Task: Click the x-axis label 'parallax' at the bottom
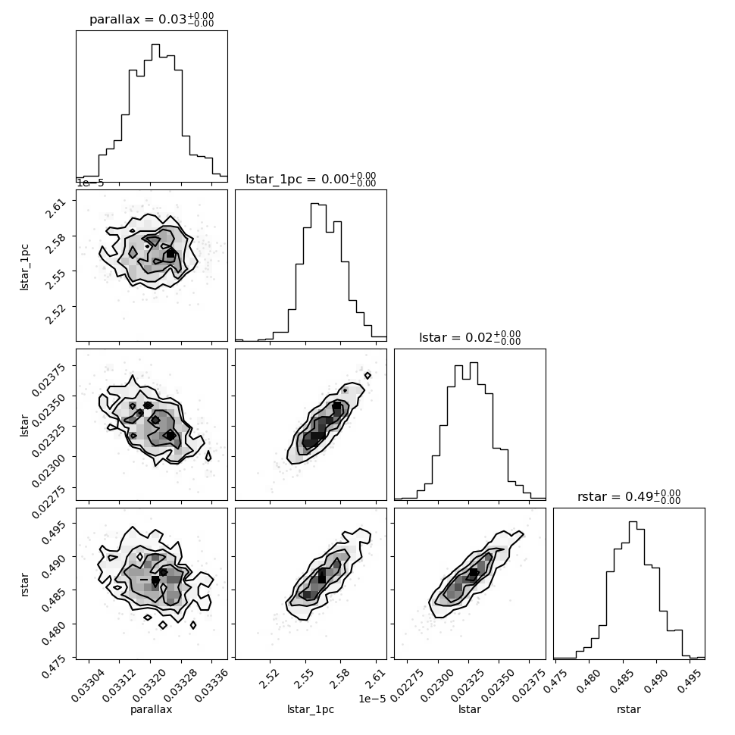pos(151,709)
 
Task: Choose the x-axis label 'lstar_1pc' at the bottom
pos(311,709)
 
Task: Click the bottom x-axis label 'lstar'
pos(469,709)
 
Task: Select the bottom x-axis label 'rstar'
pos(629,709)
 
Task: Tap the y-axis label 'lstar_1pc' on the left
pos(24,267)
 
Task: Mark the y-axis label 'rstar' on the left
pos(24,584)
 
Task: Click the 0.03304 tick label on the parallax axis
pos(88,686)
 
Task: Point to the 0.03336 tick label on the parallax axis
pos(211,686)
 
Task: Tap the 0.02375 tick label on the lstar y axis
pos(48,380)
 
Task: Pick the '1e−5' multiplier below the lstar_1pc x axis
pos(372,699)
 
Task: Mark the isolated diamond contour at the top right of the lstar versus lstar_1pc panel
pos(367,376)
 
